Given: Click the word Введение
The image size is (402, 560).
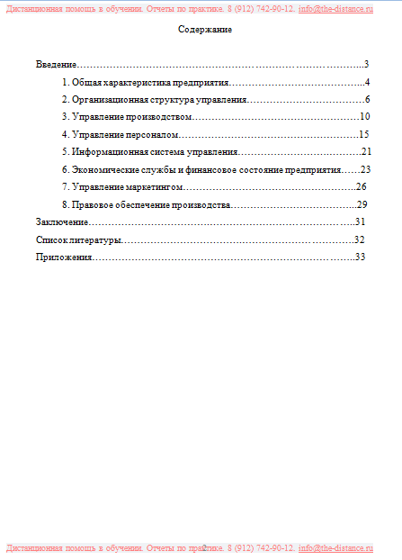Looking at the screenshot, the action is [x=56, y=65].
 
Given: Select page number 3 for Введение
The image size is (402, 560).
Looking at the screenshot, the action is [x=366, y=65].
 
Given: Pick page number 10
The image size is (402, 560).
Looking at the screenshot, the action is [x=364, y=117].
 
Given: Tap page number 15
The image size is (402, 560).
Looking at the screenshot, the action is [x=364, y=134].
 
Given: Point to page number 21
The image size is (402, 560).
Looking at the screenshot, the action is [x=366, y=151].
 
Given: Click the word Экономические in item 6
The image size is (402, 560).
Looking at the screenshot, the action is [x=105, y=169].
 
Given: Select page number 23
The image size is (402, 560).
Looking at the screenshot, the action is [x=365, y=169].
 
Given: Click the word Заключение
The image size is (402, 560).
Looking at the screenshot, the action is [x=62, y=221].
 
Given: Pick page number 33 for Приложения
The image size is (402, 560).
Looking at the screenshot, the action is [x=360, y=257].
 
